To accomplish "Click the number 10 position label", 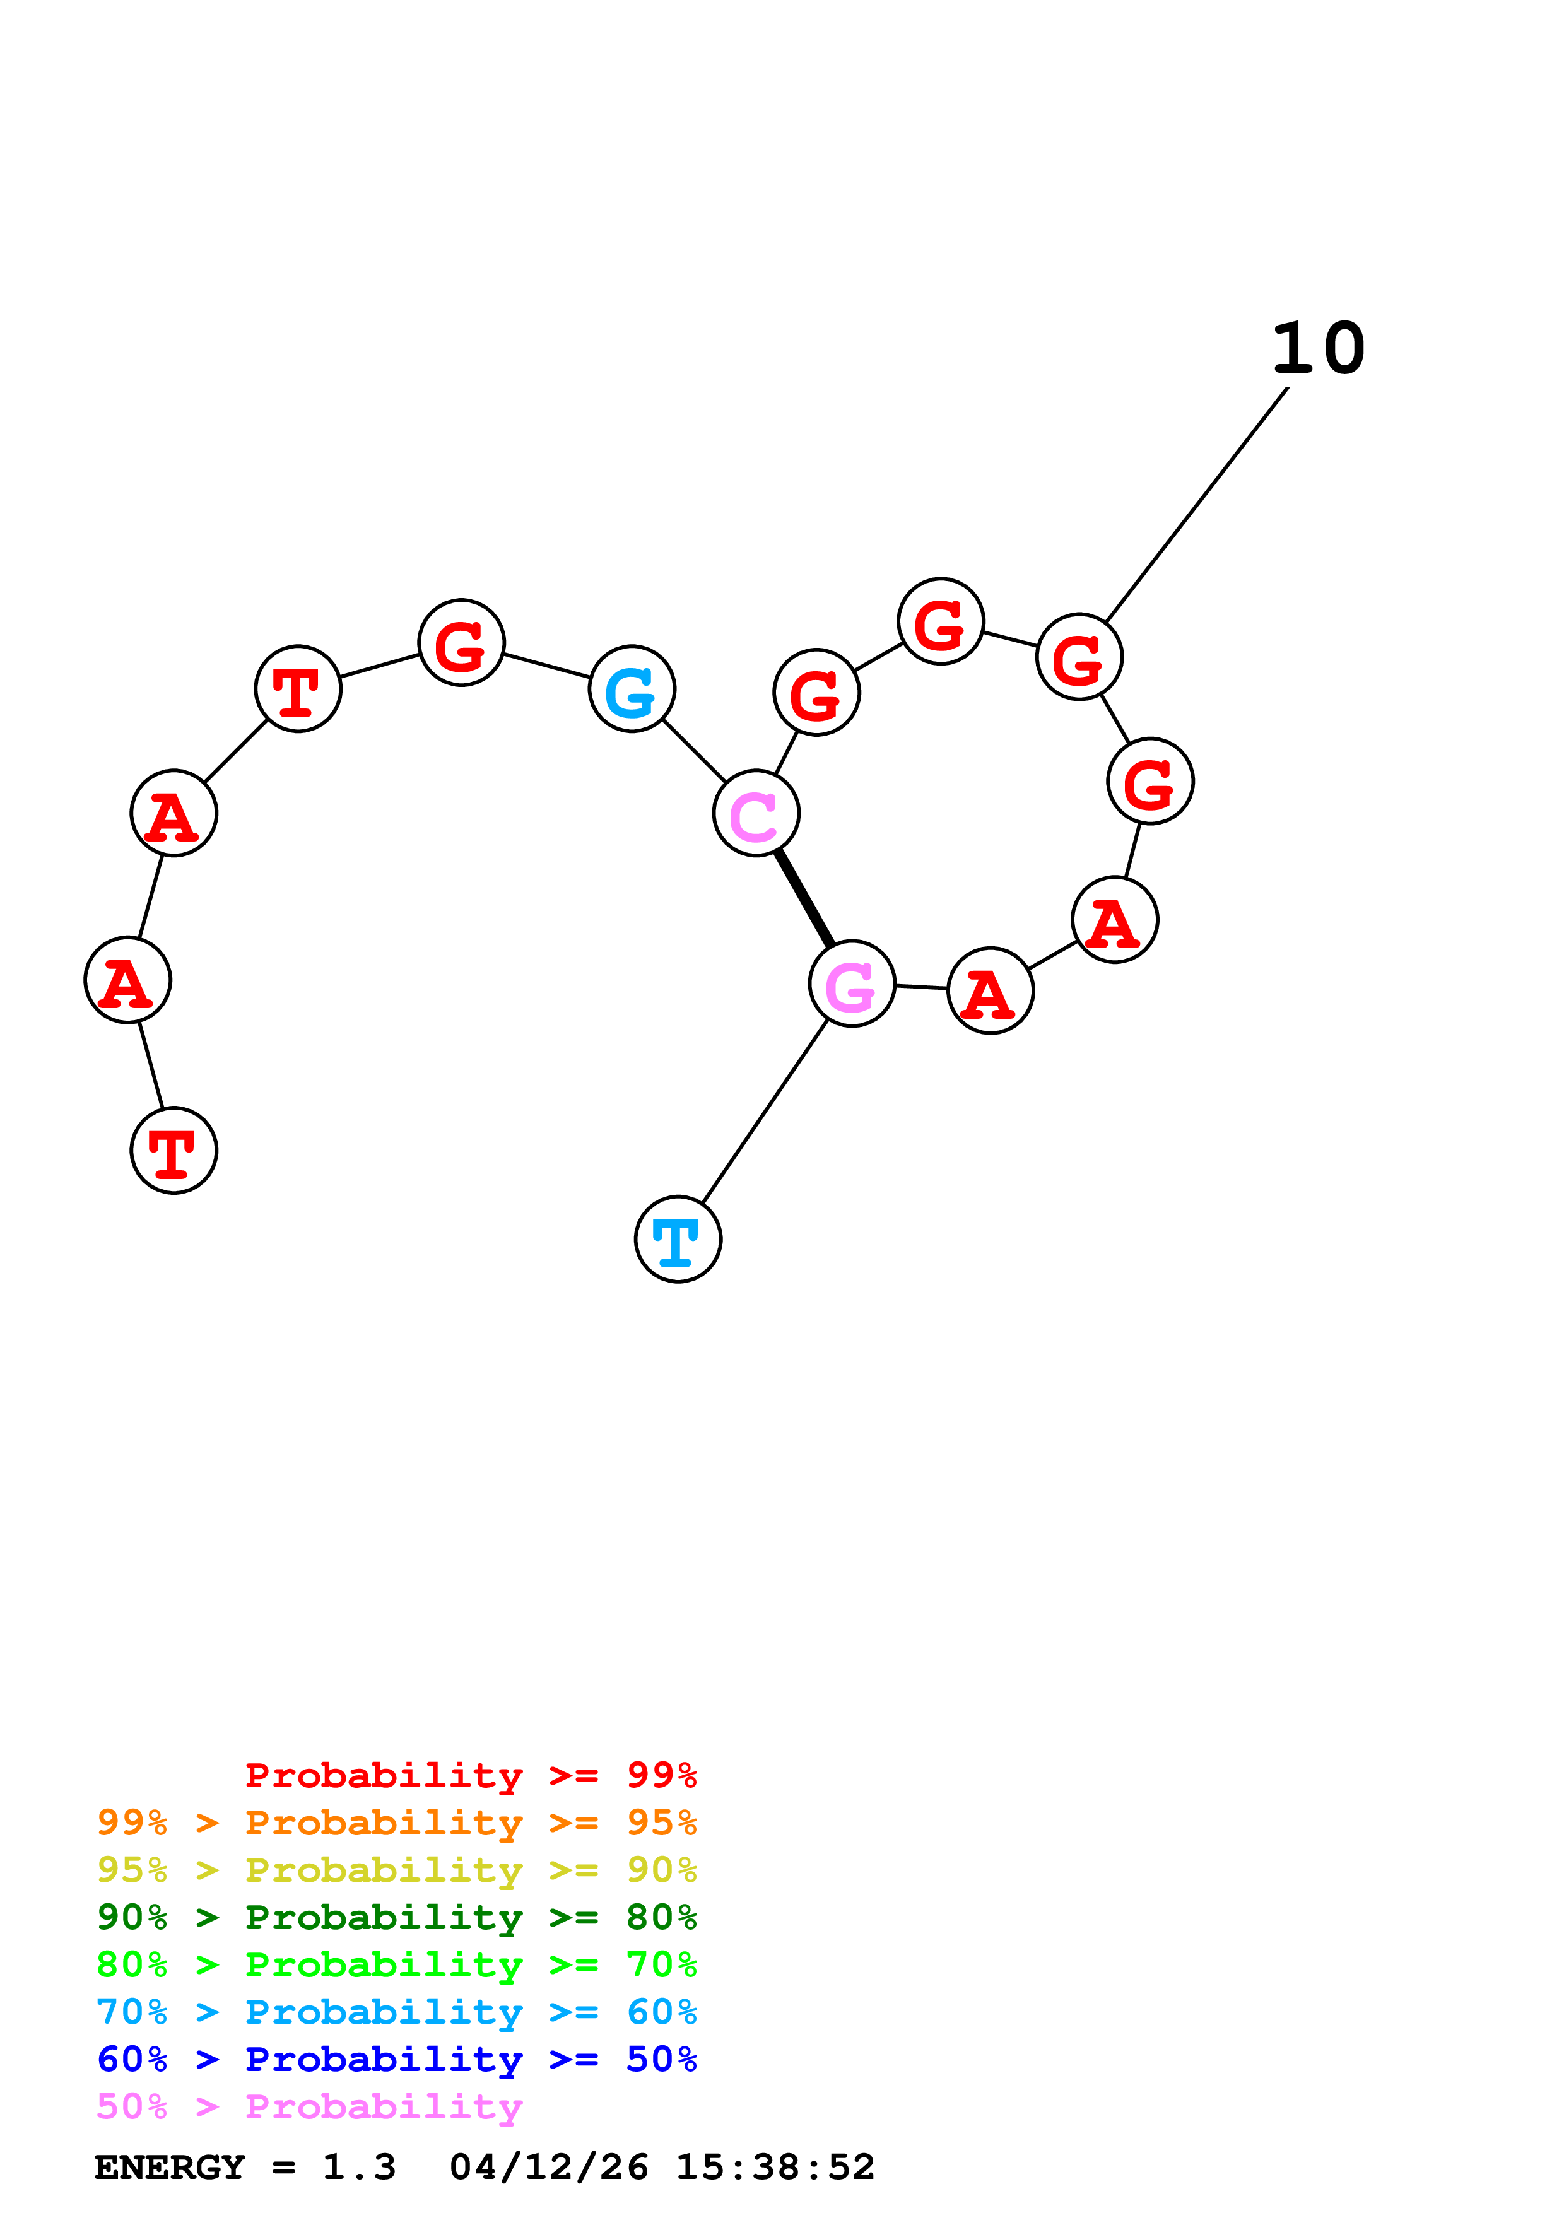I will coord(1317,348).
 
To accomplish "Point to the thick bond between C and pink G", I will coord(804,898).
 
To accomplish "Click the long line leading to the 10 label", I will coord(1197,505).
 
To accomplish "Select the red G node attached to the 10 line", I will coord(1079,656).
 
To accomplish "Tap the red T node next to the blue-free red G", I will coord(298,688).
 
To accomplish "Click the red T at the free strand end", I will coord(173,1150).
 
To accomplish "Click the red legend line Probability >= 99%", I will coord(470,1775).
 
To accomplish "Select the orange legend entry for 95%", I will coord(396,1822).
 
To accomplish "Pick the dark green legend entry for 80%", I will coord(396,1917).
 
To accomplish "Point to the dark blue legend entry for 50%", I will coord(396,2059).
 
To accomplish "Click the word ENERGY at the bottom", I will coord(170,2168).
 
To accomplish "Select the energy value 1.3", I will coord(358,2168).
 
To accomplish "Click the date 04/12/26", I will coord(548,2168).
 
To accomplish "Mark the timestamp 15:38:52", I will coord(775,2168).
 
